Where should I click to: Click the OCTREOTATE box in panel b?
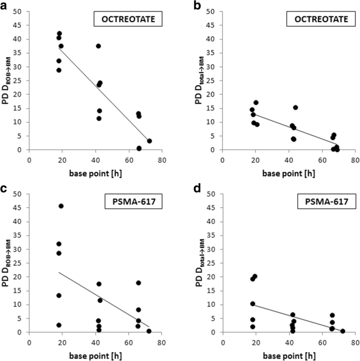[x=318, y=21]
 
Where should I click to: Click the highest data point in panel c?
[x=61, y=206]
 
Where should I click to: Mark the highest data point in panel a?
[x=59, y=34]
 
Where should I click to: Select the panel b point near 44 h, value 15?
[x=295, y=107]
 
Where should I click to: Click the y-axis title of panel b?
[x=201, y=81]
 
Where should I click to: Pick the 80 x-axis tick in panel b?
[x=355, y=158]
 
